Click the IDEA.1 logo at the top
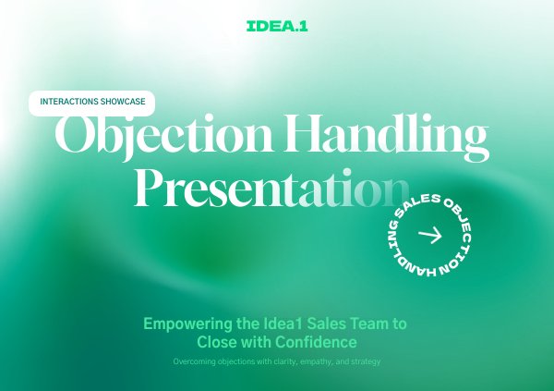[277, 27]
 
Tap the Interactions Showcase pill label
[91, 102]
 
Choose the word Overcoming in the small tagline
[197, 361]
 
